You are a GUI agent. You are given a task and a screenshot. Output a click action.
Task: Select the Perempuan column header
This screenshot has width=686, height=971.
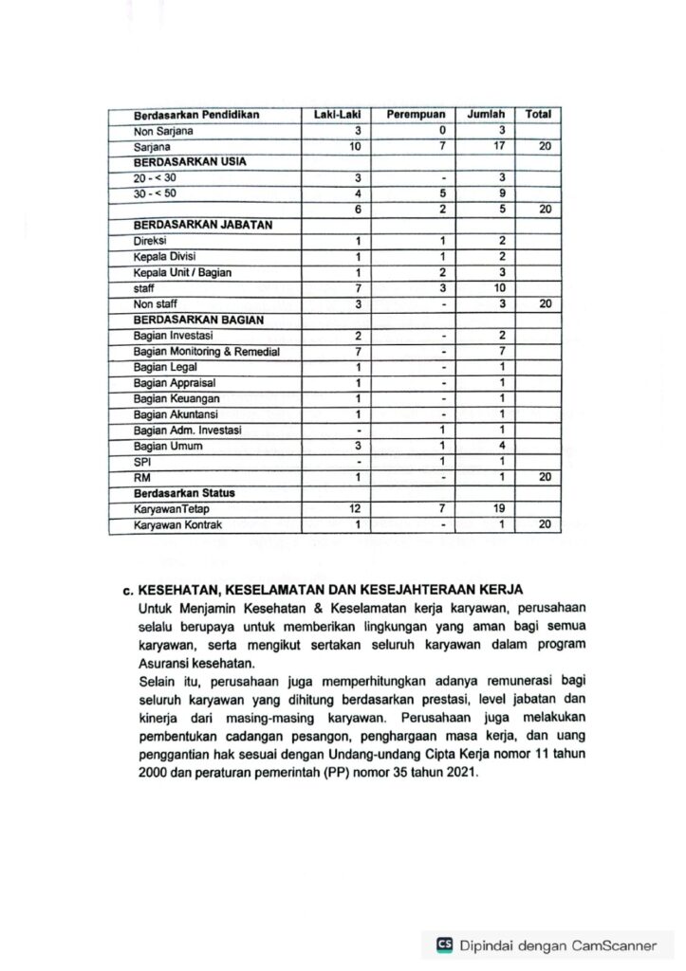click(x=416, y=115)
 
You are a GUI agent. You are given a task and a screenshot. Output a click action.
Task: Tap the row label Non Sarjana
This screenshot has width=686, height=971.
click(x=164, y=131)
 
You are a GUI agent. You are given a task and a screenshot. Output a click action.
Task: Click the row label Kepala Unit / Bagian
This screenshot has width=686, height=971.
click(x=183, y=273)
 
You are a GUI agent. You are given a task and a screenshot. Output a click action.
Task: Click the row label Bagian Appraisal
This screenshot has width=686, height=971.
click(x=176, y=383)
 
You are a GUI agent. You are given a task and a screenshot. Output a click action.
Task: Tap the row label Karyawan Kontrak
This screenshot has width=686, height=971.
click(x=178, y=525)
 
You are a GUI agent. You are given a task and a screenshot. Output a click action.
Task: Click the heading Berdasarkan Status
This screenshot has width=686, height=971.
click(x=185, y=494)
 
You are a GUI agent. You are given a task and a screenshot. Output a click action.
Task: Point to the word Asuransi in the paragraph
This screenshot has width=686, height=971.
click(x=163, y=664)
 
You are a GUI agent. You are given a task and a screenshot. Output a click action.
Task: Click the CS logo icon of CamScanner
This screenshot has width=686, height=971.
click(x=444, y=944)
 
